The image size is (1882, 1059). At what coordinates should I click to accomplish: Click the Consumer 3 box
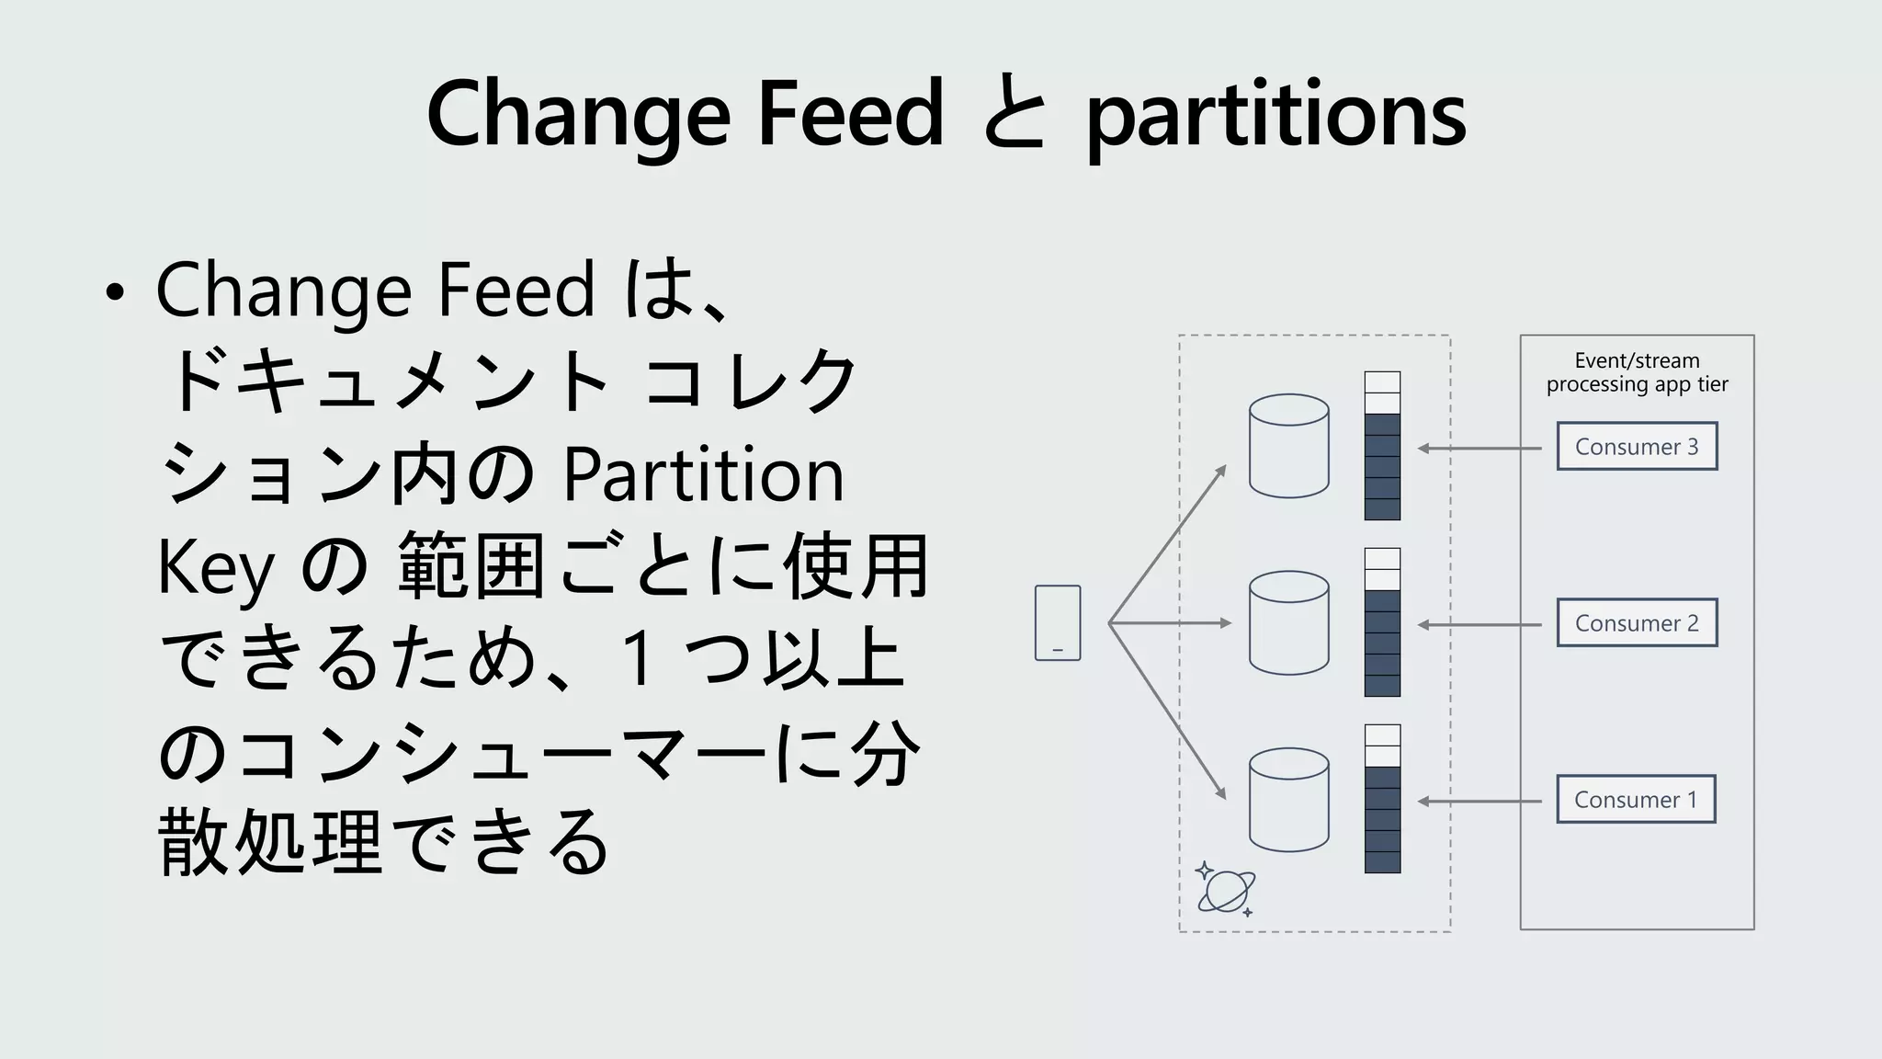click(1637, 447)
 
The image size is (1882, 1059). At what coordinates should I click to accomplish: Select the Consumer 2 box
click(1637, 623)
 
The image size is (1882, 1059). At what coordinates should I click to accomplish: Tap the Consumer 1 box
click(1636, 800)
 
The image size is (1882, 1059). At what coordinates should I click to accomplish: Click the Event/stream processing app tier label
click(1637, 372)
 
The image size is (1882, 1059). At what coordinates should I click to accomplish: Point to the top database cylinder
click(1288, 447)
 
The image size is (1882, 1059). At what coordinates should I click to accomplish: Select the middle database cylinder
click(1288, 623)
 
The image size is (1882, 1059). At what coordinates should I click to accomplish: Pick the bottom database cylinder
click(1288, 800)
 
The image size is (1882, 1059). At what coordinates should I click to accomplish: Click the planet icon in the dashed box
click(1225, 890)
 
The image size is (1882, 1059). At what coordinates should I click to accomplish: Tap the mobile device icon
click(1058, 623)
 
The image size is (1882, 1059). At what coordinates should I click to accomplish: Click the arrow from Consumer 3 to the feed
click(1480, 449)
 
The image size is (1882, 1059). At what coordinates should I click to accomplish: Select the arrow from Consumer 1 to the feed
click(1480, 802)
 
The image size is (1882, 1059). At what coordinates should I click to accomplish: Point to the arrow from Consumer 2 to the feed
click(1480, 625)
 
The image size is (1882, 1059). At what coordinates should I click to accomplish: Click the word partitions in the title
click(1275, 115)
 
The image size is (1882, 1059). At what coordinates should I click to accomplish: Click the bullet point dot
click(114, 293)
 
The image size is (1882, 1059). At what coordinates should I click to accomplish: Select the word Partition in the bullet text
click(703, 475)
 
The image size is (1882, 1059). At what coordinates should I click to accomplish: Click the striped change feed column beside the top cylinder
click(1382, 447)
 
